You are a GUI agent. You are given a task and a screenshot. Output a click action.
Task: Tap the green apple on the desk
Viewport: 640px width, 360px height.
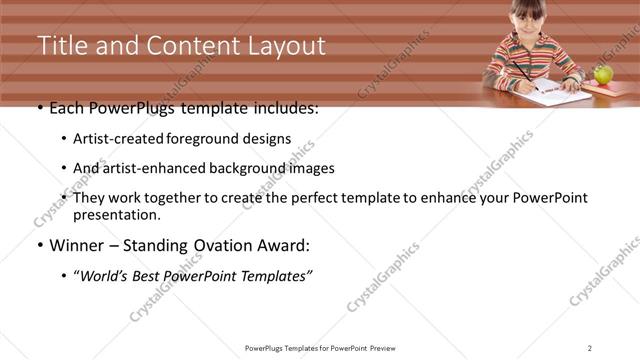click(603, 76)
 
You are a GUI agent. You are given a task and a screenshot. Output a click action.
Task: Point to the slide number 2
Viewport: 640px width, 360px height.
click(590, 347)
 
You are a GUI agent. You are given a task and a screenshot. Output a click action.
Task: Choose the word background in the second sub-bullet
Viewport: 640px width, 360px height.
click(234, 168)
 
